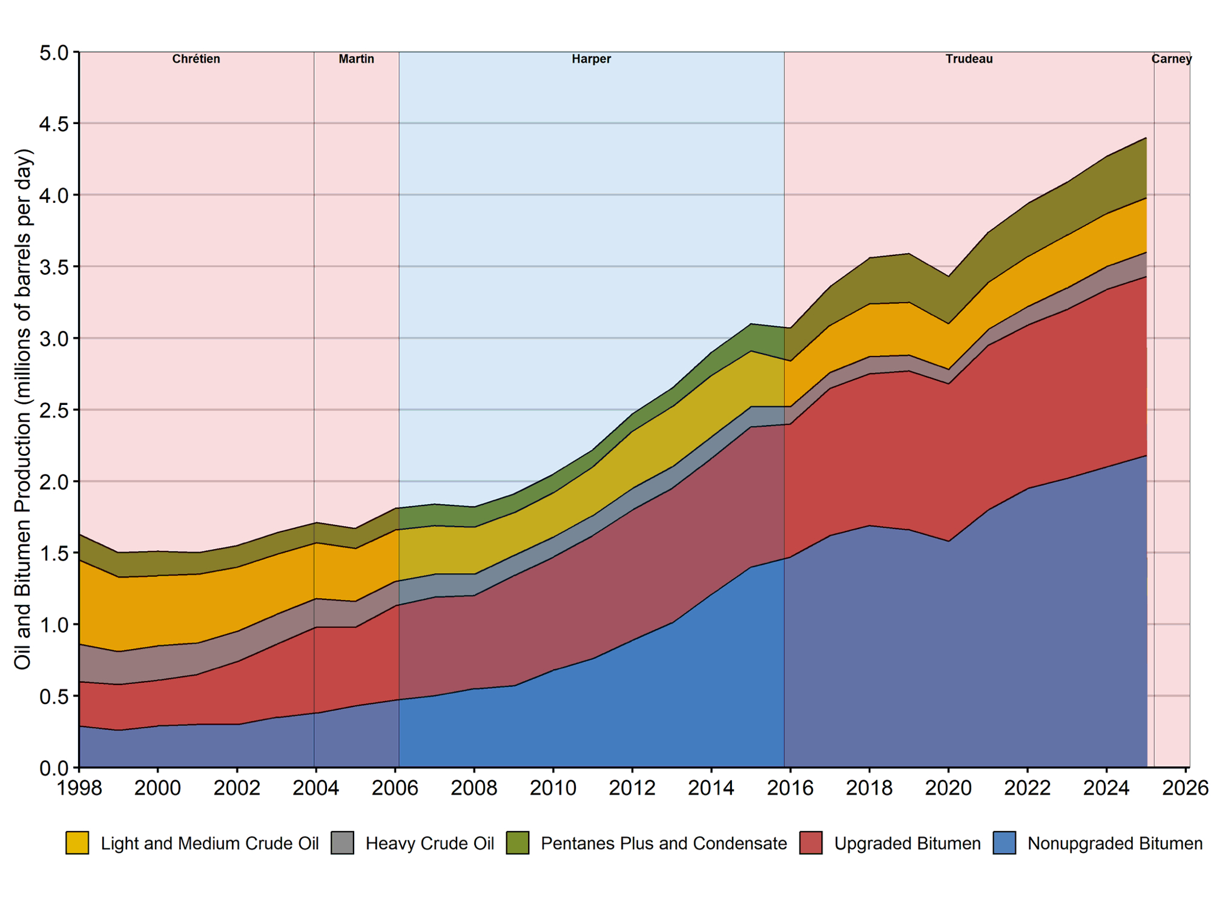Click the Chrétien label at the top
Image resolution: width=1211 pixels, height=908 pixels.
(x=196, y=59)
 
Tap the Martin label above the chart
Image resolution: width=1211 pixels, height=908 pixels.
(x=356, y=59)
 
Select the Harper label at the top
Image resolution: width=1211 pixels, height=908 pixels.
(x=591, y=59)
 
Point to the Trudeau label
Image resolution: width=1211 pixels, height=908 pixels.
(x=969, y=59)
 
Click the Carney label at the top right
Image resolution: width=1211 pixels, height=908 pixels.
(x=1171, y=59)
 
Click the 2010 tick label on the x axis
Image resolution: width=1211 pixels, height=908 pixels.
(x=553, y=788)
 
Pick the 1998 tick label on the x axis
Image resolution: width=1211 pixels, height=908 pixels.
(x=79, y=788)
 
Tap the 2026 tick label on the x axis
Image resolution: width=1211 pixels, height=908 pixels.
(x=1186, y=788)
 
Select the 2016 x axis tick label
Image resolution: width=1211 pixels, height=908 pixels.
(x=790, y=788)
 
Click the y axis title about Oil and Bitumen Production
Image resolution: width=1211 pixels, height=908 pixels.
(x=23, y=409)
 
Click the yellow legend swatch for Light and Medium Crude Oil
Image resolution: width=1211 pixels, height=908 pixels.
(x=77, y=843)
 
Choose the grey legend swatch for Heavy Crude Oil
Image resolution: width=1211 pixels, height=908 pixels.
(x=342, y=843)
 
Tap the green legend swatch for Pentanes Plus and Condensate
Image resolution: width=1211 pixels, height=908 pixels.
(x=517, y=843)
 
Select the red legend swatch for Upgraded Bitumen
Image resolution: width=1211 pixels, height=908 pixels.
(x=811, y=843)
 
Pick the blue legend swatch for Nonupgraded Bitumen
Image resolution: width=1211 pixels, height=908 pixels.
(x=1004, y=843)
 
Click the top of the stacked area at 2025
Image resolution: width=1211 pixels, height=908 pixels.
(x=1146, y=139)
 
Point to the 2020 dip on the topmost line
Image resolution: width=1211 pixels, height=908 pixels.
(x=948, y=277)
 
